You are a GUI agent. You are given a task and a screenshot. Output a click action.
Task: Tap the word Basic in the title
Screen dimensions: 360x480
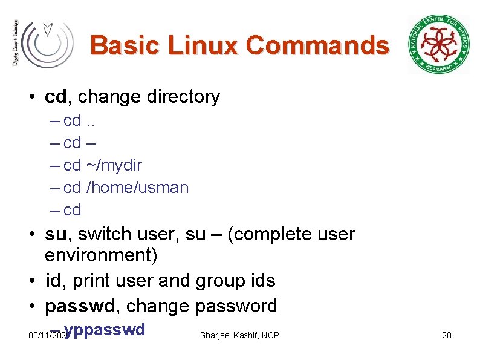[125, 45]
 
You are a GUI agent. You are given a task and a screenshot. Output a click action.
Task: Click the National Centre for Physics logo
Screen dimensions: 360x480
[438, 44]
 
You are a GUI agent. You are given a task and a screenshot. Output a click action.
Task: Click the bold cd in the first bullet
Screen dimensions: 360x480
[56, 96]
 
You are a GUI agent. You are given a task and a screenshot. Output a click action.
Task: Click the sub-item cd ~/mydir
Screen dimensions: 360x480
[102, 165]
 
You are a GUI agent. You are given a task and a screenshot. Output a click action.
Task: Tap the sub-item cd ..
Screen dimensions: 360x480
[71, 210]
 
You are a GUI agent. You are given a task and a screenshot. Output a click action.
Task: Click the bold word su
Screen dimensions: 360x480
[56, 234]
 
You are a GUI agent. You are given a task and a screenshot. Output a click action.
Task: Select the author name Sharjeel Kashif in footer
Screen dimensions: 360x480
[229, 335]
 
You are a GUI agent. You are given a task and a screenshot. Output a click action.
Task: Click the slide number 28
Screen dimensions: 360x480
[447, 335]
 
